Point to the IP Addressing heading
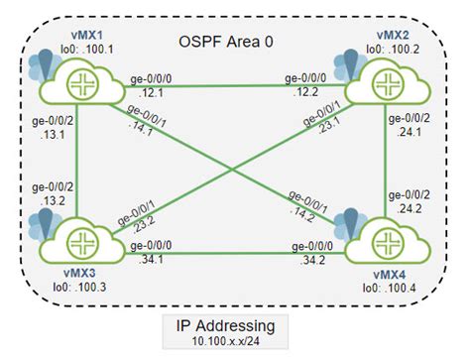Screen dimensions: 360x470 [234, 323]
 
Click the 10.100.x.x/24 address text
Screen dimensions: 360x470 [234, 342]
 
